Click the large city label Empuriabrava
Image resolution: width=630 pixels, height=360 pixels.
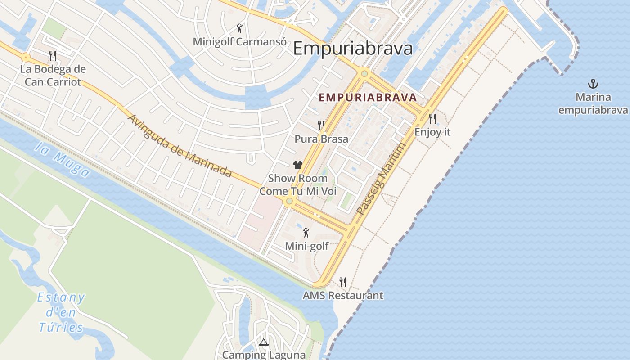coord(353,48)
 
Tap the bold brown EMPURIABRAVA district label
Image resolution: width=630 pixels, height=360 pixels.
coord(368,97)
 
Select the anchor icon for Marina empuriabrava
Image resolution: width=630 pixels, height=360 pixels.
coord(593,84)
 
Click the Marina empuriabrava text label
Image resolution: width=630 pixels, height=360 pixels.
coord(593,103)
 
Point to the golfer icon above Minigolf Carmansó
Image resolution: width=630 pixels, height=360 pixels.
coord(239,29)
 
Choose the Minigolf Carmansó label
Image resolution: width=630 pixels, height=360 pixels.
coord(239,42)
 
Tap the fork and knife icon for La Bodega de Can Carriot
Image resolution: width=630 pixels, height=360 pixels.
coord(53,56)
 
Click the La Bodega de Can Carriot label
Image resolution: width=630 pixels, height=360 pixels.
coord(53,76)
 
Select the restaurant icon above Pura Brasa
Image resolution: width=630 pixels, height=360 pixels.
coord(321,126)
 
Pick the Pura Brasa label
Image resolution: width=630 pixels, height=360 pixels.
coord(321,139)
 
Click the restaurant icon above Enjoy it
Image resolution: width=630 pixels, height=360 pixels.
coord(432,119)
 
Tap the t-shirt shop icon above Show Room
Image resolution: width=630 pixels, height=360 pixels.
coord(297,165)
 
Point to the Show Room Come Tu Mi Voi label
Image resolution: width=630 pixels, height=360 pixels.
coord(297,184)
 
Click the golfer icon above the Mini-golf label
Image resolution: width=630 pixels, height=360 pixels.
coord(306,233)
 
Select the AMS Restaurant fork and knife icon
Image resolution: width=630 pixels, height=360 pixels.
coord(343,282)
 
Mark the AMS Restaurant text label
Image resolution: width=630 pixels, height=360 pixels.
coord(343,296)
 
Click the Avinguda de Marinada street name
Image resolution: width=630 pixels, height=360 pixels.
coord(180,146)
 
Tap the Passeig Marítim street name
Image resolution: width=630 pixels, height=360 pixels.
coord(381,179)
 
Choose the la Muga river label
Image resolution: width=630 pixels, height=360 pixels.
coord(62,160)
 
